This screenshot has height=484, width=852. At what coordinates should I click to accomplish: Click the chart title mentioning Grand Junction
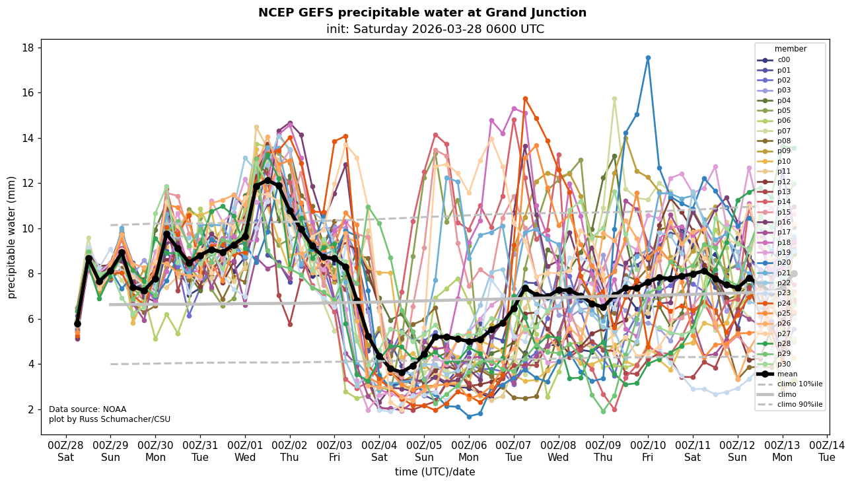(422, 13)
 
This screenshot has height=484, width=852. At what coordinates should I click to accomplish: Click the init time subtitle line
(435, 29)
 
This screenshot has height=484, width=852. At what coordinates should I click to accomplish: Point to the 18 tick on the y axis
(28, 48)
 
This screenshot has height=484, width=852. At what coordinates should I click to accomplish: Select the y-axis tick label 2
(30, 409)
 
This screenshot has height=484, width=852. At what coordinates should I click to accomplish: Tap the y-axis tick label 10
(28, 228)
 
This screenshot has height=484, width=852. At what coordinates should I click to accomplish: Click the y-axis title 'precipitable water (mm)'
(12, 236)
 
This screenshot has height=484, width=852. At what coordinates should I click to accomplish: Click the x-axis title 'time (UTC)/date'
(435, 471)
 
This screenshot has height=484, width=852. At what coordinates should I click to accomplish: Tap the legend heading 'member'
(790, 49)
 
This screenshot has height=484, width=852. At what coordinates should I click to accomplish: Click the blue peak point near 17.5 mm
(648, 57)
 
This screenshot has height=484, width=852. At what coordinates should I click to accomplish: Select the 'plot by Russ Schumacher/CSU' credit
(110, 419)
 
